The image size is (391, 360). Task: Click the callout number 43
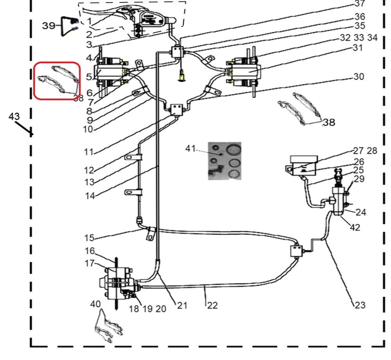[14, 117]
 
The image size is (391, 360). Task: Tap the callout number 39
[49, 26]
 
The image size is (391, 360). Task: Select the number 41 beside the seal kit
[190, 149]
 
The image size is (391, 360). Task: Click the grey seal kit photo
[224, 160]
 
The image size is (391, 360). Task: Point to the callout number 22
[212, 306]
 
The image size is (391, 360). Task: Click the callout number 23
[360, 304]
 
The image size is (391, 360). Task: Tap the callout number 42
[355, 227]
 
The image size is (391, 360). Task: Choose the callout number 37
[359, 4]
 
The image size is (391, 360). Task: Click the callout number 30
[359, 76]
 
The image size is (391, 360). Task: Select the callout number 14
[90, 196]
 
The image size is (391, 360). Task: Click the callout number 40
[95, 304]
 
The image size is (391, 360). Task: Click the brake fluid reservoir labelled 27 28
[302, 163]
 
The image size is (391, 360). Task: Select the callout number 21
[182, 306]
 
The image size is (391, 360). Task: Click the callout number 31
[357, 48]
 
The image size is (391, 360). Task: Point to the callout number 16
[90, 251]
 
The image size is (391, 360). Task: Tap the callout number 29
[359, 179]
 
